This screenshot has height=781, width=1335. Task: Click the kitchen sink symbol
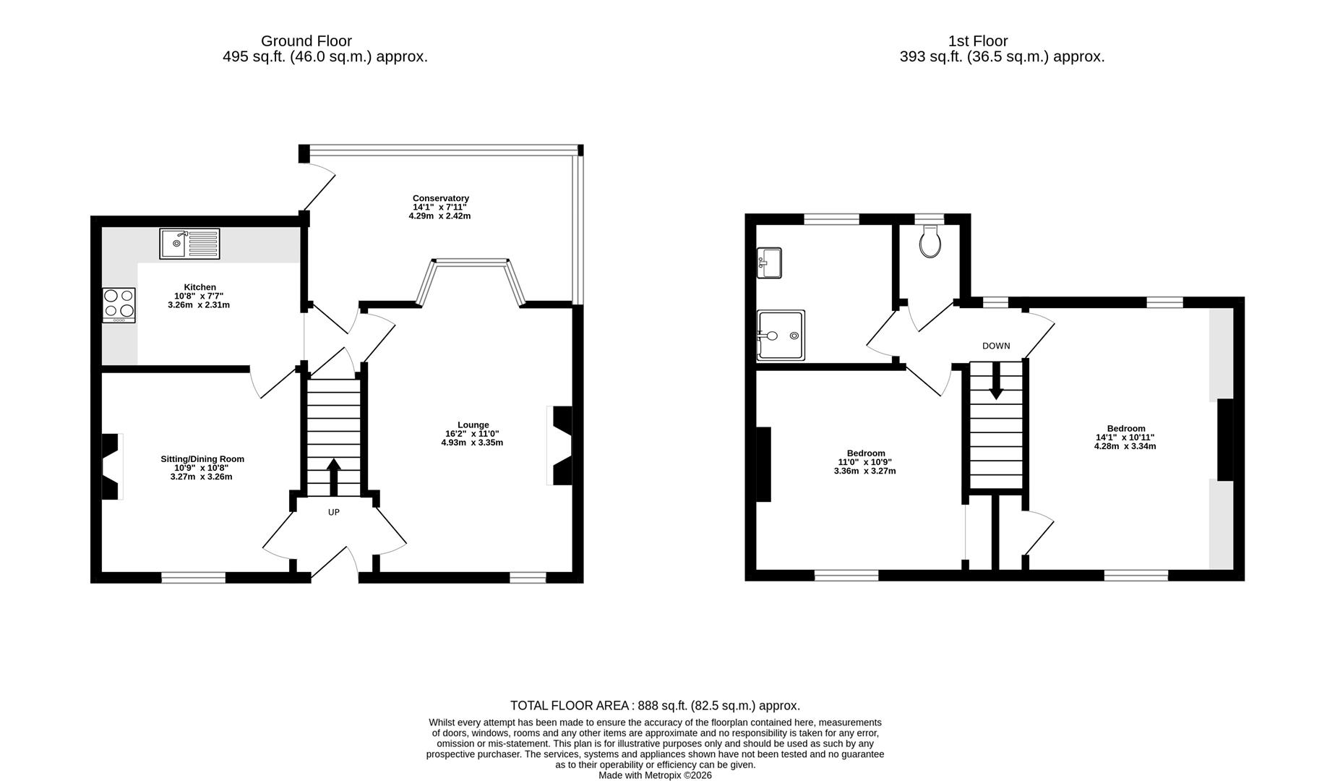coord(189,243)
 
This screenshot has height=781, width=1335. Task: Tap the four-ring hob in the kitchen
coord(119,304)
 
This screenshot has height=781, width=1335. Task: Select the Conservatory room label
coord(440,198)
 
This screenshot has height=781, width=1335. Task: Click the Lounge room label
coord(473,425)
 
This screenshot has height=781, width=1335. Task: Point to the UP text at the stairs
coord(333,513)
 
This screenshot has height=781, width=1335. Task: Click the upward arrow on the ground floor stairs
coord(333,476)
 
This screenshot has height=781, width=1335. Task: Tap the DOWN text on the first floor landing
coord(995,346)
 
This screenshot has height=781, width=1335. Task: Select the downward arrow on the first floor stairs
coord(996,380)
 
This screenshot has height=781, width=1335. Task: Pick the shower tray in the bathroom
coord(780,336)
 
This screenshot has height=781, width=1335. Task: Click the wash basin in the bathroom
coord(768,263)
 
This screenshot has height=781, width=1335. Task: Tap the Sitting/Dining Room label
coord(202,459)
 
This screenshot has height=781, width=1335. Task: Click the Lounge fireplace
coord(561,445)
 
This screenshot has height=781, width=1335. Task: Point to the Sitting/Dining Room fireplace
coord(111,466)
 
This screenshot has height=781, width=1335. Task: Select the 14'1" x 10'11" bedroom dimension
coord(1125,438)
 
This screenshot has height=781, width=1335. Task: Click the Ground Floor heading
coord(306,41)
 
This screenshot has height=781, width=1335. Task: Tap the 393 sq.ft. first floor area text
coord(1001,57)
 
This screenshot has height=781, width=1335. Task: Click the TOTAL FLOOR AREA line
coord(654,706)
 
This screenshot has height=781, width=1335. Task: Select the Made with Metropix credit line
coord(654,775)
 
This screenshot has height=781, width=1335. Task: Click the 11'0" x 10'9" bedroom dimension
coord(865,462)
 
